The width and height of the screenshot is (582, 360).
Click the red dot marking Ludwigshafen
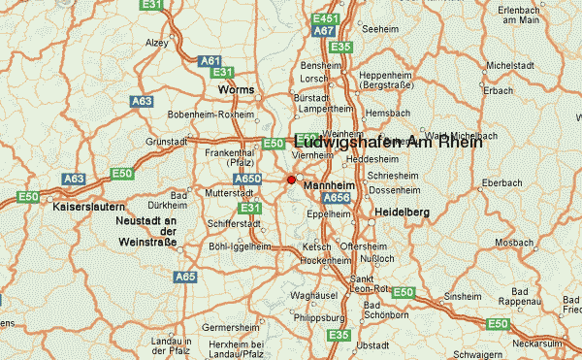coord(291,180)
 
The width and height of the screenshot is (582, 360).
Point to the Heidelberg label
coord(403,212)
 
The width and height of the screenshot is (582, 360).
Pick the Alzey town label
coord(158,43)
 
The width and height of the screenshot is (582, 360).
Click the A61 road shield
coord(210,61)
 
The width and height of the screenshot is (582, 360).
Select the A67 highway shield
coord(324,31)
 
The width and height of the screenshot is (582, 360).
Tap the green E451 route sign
coord(327,18)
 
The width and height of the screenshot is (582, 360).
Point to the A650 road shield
coord(249,179)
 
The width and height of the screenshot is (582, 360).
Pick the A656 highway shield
coord(336,198)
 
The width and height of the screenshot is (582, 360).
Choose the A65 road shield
coord(185,277)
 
